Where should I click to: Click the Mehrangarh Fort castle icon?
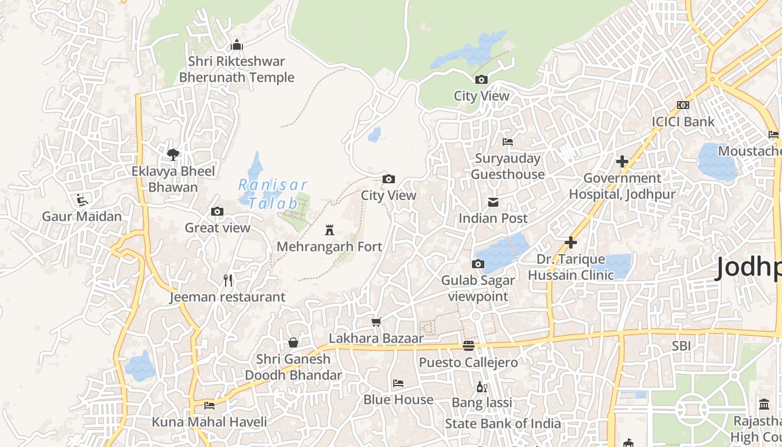pyautogui.click(x=330, y=230)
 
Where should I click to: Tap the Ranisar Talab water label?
pyautogui.click(x=272, y=193)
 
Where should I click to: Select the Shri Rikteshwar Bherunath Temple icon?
pyautogui.click(x=237, y=45)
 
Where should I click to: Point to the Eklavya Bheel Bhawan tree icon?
pyautogui.click(x=173, y=154)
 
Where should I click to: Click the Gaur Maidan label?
pyautogui.click(x=82, y=216)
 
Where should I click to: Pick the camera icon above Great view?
pyautogui.click(x=217, y=211)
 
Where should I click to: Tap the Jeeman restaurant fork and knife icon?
pyautogui.click(x=227, y=280)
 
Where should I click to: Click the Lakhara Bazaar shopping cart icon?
pyautogui.click(x=376, y=322)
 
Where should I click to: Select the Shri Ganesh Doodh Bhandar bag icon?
pyautogui.click(x=293, y=343)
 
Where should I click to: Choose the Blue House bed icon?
pyautogui.click(x=398, y=383)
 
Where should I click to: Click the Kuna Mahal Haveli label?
pyautogui.click(x=209, y=422)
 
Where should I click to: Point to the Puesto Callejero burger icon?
pyautogui.click(x=469, y=346)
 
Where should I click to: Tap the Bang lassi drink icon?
pyautogui.click(x=481, y=386)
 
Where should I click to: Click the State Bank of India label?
pyautogui.click(x=503, y=424)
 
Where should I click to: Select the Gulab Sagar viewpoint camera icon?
pyautogui.click(x=478, y=264)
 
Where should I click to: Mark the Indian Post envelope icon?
pyautogui.click(x=493, y=202)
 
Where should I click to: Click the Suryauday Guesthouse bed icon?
pyautogui.click(x=508, y=142)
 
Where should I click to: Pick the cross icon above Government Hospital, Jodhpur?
pyautogui.click(x=622, y=161)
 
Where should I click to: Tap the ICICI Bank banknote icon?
pyautogui.click(x=683, y=105)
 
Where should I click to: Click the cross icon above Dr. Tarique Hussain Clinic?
pyautogui.click(x=570, y=242)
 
